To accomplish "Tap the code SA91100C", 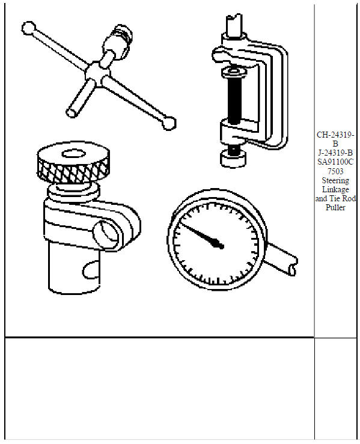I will (335, 162).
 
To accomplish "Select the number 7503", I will (335, 171).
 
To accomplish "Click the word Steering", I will (335, 180).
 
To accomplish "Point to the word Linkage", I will (335, 189).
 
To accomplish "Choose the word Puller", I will (335, 207).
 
